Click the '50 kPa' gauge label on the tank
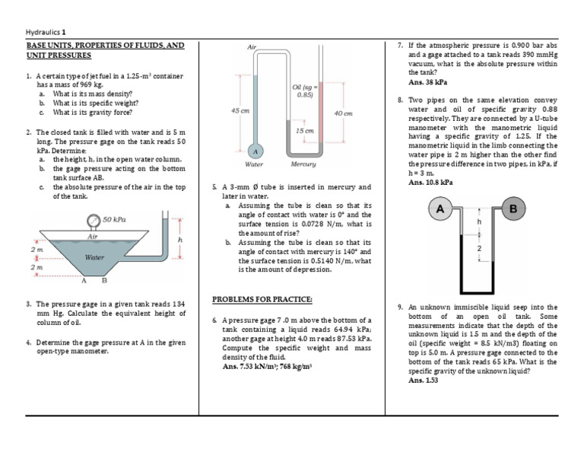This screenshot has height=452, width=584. tap(114, 219)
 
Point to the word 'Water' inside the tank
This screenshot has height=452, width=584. tap(94, 258)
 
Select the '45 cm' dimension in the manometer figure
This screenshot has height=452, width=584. tap(241, 110)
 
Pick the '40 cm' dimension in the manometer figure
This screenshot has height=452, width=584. tap(344, 113)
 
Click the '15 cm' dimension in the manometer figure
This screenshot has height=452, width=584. tap(305, 131)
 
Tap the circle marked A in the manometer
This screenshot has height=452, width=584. tap(256, 149)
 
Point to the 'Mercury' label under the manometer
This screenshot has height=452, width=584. tap(303, 164)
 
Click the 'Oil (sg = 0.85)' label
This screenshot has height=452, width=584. tap(304, 91)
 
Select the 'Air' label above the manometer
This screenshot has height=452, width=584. tap(252, 47)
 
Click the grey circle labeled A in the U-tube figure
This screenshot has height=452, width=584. tap(439, 208)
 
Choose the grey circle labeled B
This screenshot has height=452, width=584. tap(513, 208)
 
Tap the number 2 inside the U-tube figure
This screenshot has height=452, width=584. tap(478, 249)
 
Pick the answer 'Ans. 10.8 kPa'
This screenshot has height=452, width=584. tap(431, 182)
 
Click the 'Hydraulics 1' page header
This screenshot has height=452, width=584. tap(47, 32)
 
